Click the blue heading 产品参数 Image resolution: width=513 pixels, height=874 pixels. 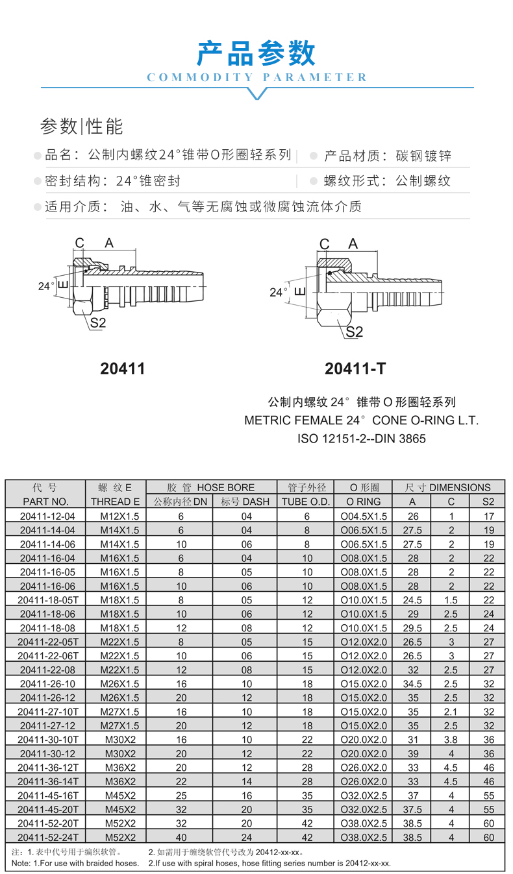pos(256,53)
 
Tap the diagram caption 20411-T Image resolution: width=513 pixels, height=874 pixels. pos(355,369)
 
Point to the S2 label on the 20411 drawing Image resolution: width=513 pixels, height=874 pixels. pos(98,323)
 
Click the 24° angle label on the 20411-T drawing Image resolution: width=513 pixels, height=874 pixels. pos(279,293)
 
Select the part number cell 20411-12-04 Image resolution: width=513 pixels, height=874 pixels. pos(45,516)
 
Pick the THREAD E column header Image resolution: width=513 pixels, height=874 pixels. pos(116,502)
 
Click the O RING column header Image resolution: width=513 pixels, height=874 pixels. pos(364,502)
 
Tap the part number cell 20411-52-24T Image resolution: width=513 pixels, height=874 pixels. pos(45,837)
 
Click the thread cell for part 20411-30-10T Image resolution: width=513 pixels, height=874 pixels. pos(116,740)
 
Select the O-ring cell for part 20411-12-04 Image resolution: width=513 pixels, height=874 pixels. pos(364,516)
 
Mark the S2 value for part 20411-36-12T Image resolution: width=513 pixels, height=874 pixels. pos(489,768)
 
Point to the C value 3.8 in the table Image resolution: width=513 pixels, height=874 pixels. pos(451,740)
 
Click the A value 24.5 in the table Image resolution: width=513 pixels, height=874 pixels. pos(412,600)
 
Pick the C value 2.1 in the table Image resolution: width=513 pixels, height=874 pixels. pos(451,712)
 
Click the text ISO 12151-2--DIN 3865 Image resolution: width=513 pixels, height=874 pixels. pos(362,439)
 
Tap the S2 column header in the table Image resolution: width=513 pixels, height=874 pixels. pos(489,502)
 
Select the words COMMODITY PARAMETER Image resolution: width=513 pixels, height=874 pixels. pos(257,78)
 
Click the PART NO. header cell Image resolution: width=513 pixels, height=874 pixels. pos(45,502)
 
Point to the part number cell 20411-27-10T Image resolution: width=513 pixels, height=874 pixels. pos(45,712)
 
